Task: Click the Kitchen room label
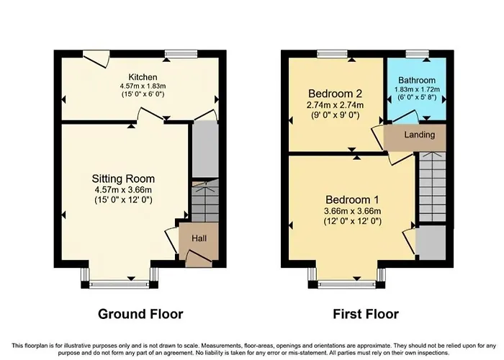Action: pos(143,77)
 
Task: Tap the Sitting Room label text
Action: pos(123,179)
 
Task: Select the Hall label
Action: pos(199,238)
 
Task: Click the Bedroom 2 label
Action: pos(335,94)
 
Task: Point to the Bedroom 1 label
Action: pos(352,199)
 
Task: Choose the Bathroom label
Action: pos(417,80)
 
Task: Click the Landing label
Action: pos(420,135)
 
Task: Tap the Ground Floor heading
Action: pos(140,314)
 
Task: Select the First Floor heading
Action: pos(366,314)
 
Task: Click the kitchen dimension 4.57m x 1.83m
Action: pos(143,86)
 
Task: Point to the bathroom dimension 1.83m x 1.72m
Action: pos(417,89)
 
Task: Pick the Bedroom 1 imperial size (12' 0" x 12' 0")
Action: pos(352,221)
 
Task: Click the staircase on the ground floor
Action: pos(205,201)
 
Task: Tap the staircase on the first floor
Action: pos(432,186)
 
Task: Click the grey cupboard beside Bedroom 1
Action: pos(431,243)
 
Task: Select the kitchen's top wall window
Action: pos(181,54)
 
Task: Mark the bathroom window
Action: pos(417,54)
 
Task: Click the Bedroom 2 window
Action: pos(333,54)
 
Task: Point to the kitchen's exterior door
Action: pos(96,59)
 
